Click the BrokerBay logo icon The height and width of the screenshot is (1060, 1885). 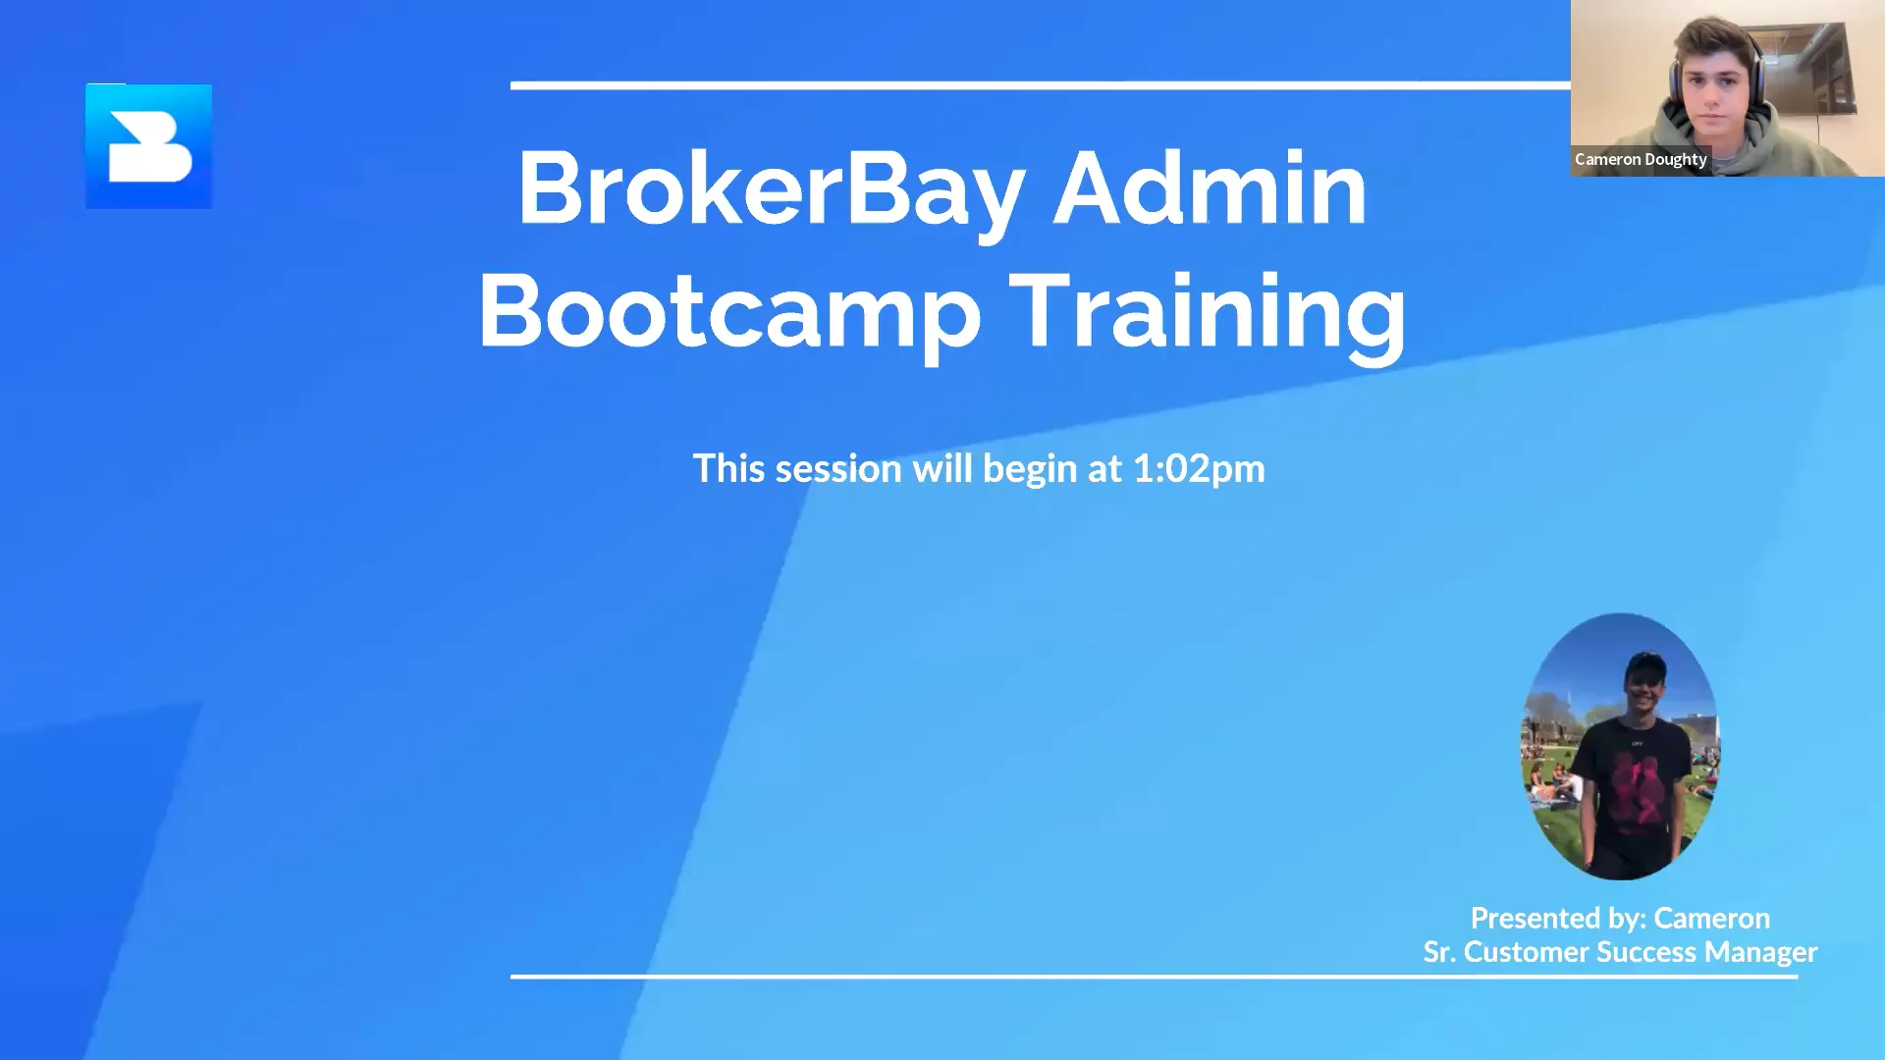click(148, 146)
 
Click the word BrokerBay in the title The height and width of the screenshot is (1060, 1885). click(772, 188)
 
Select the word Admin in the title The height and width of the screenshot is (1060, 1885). click(1210, 188)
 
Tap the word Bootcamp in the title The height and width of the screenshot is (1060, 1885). click(728, 311)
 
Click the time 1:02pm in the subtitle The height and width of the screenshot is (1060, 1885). click(1199, 469)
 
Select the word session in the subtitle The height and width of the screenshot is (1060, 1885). click(837, 469)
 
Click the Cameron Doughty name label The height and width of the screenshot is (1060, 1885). click(1641, 159)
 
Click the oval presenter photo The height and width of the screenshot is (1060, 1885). click(1620, 746)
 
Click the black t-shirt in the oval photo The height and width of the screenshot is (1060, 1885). click(1625, 775)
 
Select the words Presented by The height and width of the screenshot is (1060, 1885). click(1557, 919)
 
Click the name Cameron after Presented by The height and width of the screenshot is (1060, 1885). click(1711, 919)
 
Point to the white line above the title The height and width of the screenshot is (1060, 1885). click(1041, 86)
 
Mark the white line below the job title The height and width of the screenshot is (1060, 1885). click(1154, 977)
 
